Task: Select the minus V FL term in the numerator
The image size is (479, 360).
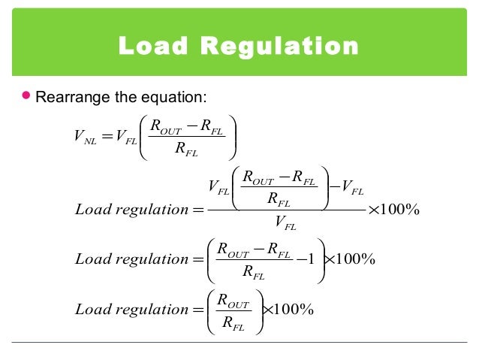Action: click(x=347, y=189)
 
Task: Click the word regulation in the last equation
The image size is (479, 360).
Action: click(x=148, y=310)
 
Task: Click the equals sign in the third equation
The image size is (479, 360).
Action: click(x=198, y=260)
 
